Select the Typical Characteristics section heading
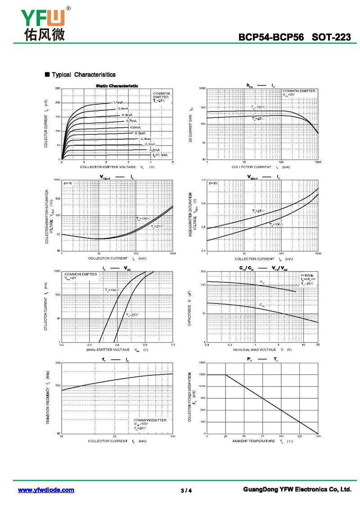tap(80, 75)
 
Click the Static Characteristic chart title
tap(117, 85)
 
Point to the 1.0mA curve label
tap(118, 102)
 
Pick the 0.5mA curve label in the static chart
tap(140, 133)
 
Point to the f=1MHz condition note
tap(308, 275)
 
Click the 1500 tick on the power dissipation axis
tap(202, 374)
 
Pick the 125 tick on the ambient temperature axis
tap(300, 437)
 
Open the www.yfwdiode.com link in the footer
tap(46, 490)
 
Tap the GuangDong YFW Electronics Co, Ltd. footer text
tap(297, 489)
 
